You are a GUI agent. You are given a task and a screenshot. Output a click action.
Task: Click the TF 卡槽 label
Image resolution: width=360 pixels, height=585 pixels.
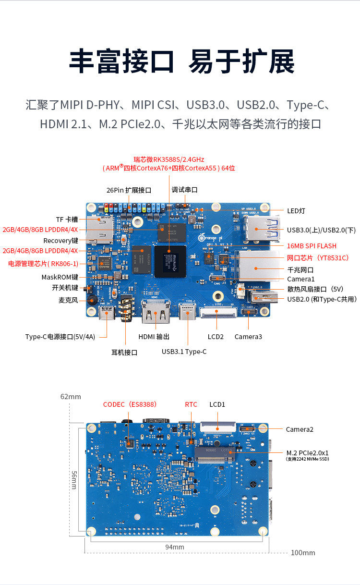point(67,219)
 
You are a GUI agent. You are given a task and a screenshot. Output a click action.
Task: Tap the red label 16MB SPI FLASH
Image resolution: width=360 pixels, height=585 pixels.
point(312,246)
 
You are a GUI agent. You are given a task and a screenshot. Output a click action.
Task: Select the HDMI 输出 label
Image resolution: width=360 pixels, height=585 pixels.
point(154,337)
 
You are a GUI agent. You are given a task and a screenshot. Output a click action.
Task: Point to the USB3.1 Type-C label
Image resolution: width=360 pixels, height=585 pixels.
point(184,352)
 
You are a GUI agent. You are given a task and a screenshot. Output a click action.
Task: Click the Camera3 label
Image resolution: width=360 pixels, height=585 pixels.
point(248,337)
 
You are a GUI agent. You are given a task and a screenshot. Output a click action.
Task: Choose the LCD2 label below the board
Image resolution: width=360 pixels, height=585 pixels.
point(216,337)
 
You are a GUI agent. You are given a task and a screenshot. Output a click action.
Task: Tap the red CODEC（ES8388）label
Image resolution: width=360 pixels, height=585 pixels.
point(130,404)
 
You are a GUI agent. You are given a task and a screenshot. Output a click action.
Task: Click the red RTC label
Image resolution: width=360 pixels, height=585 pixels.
point(191,404)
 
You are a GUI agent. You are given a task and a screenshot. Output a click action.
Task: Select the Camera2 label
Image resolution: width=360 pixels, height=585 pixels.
point(300,429)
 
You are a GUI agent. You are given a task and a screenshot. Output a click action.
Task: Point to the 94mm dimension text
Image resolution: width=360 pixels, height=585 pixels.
point(175,547)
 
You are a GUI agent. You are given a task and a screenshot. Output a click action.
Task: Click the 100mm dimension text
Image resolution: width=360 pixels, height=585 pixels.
point(303,553)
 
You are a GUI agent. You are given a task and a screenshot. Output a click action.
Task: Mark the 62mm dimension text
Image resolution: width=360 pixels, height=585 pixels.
point(71,397)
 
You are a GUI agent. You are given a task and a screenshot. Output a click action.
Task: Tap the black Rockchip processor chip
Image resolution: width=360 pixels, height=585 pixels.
point(169,261)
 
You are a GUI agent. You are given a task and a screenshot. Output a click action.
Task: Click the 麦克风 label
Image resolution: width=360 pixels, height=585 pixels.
point(68,300)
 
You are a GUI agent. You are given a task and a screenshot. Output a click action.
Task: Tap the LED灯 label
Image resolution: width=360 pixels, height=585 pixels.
point(296,211)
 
